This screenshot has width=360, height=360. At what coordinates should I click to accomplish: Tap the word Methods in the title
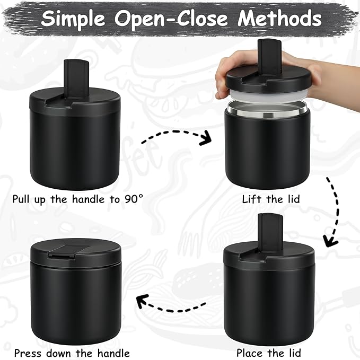click(279, 19)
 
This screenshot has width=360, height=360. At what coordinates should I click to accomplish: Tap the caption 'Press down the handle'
click(72, 352)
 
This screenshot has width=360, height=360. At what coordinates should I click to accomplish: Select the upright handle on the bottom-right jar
click(267, 229)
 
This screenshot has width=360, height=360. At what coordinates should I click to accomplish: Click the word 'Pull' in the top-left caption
click(23, 199)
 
